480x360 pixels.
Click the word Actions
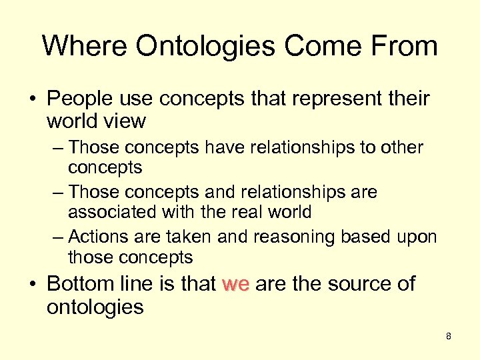click(95, 237)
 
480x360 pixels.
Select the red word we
click(235, 284)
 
